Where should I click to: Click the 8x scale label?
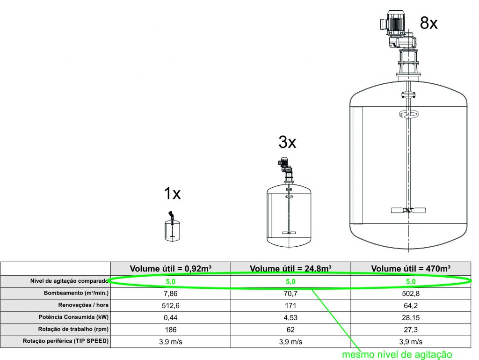pyautogui.click(x=428, y=23)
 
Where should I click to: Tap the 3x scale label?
pyautogui.click(x=287, y=142)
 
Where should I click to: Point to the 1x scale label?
pyautogui.click(x=172, y=193)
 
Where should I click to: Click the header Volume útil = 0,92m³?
pyautogui.click(x=170, y=269)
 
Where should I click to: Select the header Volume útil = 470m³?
pyautogui.click(x=411, y=269)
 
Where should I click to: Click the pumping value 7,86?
pyautogui.click(x=170, y=294)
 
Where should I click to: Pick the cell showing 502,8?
pyautogui.click(x=411, y=294)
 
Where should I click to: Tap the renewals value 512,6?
pyautogui.click(x=170, y=306)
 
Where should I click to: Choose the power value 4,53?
pyautogui.click(x=290, y=318)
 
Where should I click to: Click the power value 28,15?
pyautogui.click(x=411, y=318)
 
